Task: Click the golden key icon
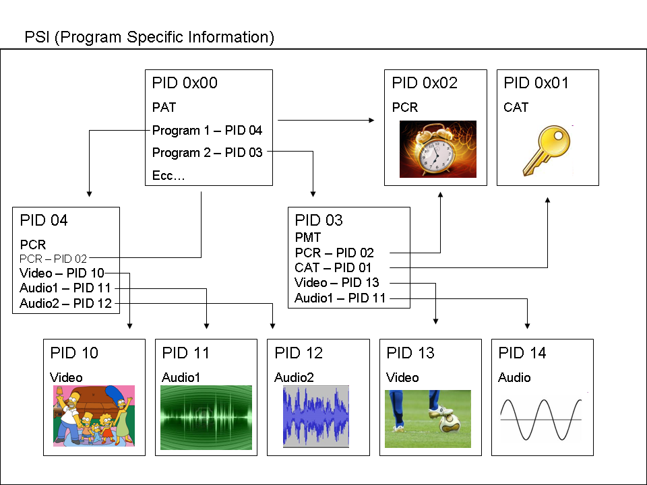coord(547,151)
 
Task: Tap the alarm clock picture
coord(438,150)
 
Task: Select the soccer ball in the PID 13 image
coord(450,423)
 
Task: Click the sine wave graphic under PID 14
coord(541,420)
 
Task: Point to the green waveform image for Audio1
coord(206,418)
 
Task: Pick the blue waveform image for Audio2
coord(316,416)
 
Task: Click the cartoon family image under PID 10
coord(94,416)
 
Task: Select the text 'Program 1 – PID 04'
coord(207,130)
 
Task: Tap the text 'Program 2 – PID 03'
coord(207,153)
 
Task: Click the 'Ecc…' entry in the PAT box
coord(168,175)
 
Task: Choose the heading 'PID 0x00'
coord(185,83)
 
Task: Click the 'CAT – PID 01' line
coord(333,267)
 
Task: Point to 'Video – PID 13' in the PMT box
coord(337,282)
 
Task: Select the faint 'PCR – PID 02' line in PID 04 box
coord(53,259)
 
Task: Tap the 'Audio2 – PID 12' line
coord(65,304)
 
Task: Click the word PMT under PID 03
coord(308,238)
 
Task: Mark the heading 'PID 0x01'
coord(536,83)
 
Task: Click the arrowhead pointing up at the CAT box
coord(547,200)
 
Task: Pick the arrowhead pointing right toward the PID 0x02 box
coord(371,121)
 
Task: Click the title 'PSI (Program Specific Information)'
coord(150,37)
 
